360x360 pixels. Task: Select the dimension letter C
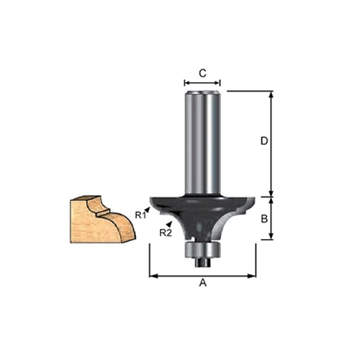click(202, 73)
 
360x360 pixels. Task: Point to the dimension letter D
click(264, 142)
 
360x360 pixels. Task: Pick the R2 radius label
click(165, 233)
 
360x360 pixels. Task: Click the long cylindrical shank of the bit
click(202, 140)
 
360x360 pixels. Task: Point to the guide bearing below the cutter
click(202, 249)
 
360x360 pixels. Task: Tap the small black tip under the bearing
click(202, 261)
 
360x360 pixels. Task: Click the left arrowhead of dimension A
click(152, 274)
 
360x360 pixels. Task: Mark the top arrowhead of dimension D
click(272, 94)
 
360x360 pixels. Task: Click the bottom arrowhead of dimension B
click(272, 238)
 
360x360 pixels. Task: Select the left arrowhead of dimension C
click(186, 84)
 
